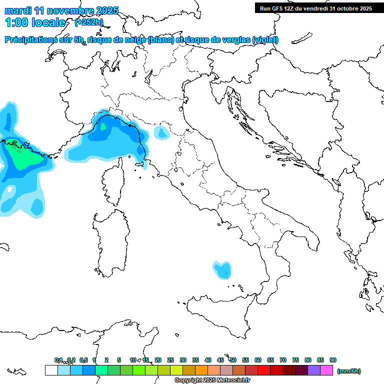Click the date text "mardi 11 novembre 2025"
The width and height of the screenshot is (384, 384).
click(x=61, y=10)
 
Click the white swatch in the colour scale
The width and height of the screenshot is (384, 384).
click(x=51, y=370)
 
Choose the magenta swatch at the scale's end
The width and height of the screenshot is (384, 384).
click(x=326, y=370)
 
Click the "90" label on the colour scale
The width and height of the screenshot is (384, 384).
click(x=333, y=360)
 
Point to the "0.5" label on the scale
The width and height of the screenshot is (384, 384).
click(x=83, y=360)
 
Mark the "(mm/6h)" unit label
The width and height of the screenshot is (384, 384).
click(x=349, y=371)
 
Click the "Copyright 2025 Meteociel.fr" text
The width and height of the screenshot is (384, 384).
click(x=212, y=380)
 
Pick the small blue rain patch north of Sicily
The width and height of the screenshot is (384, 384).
click(x=222, y=269)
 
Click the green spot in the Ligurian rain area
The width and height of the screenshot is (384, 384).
click(x=103, y=126)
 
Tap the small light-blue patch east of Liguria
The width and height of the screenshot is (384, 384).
click(x=161, y=132)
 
